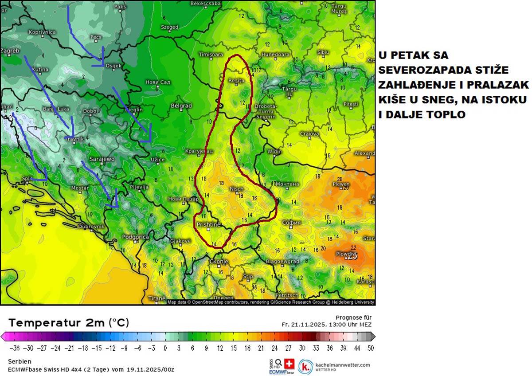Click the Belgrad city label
pyautogui.click(x=181, y=106)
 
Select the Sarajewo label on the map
pyautogui.click(x=102, y=159)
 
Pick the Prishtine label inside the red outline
pyautogui.click(x=208, y=225)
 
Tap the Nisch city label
pyautogui.click(x=236, y=189)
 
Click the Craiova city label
pyautogui.click(x=309, y=133)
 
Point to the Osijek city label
pyautogui.click(x=114, y=66)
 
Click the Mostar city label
pyautogui.click(x=80, y=188)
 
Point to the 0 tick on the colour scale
pyautogui.click(x=165, y=348)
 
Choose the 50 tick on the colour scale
pyautogui.click(x=371, y=348)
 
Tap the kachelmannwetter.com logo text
pyautogui.click(x=342, y=364)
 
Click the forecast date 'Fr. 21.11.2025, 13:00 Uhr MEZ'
pyautogui.click(x=327, y=324)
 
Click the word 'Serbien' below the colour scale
pyautogui.click(x=19, y=361)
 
